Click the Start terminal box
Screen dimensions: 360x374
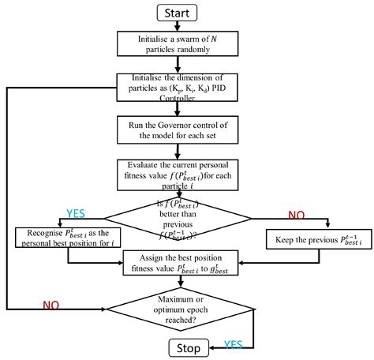(183, 12)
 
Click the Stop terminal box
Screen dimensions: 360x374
(182, 347)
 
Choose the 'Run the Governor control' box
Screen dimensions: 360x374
(182, 129)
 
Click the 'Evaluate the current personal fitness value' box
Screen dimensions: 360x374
(182, 174)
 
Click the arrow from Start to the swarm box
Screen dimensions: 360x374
(182, 28)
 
